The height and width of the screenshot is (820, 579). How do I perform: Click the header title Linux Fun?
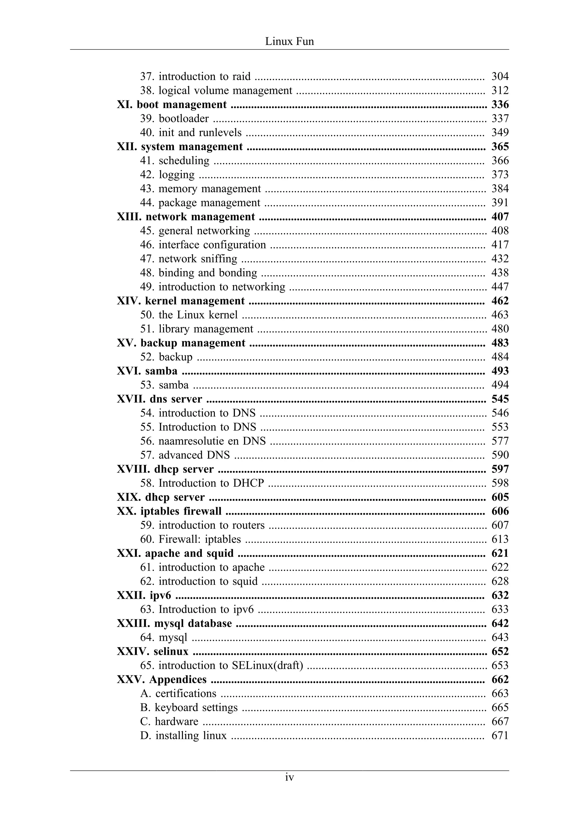click(289, 41)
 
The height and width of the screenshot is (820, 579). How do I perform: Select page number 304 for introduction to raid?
click(500, 76)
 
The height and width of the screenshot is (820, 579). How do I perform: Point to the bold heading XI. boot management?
click(172, 104)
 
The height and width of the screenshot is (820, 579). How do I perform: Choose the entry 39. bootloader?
click(174, 118)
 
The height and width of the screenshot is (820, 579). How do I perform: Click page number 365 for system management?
click(500, 147)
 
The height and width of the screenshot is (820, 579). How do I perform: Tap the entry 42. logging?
click(167, 174)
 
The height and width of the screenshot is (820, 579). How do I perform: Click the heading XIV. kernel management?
click(181, 301)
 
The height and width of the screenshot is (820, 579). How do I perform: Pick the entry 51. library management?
click(196, 329)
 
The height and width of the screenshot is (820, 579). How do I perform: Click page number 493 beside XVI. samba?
click(500, 371)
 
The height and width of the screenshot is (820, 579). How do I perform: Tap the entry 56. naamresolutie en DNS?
click(203, 441)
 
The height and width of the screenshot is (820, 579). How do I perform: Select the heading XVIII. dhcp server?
click(165, 469)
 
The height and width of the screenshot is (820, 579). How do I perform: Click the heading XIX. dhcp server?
click(161, 497)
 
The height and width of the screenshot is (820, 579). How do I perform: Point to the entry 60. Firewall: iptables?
click(191, 539)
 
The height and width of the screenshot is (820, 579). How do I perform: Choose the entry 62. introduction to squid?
click(199, 581)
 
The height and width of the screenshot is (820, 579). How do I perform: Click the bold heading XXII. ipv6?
click(144, 595)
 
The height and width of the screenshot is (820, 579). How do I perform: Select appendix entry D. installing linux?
click(183, 735)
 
